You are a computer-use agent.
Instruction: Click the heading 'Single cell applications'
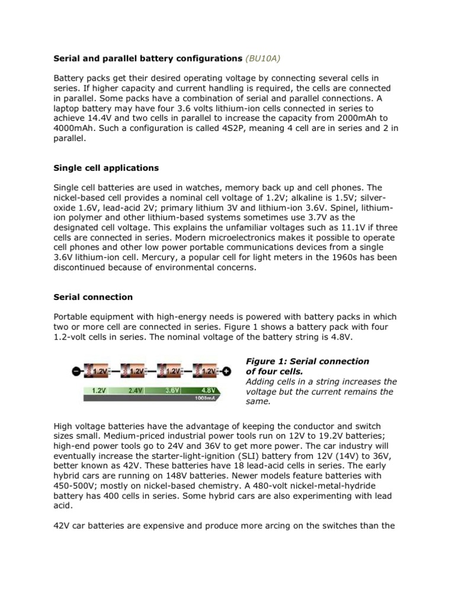(x=106, y=168)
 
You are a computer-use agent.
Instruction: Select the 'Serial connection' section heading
(x=93, y=296)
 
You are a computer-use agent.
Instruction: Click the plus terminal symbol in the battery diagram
(x=226, y=372)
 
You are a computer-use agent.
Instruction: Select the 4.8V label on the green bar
(x=209, y=391)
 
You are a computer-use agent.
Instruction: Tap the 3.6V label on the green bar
(x=172, y=391)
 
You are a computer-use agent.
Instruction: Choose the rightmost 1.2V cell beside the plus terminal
(x=207, y=371)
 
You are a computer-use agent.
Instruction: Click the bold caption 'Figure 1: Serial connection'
(x=307, y=361)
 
